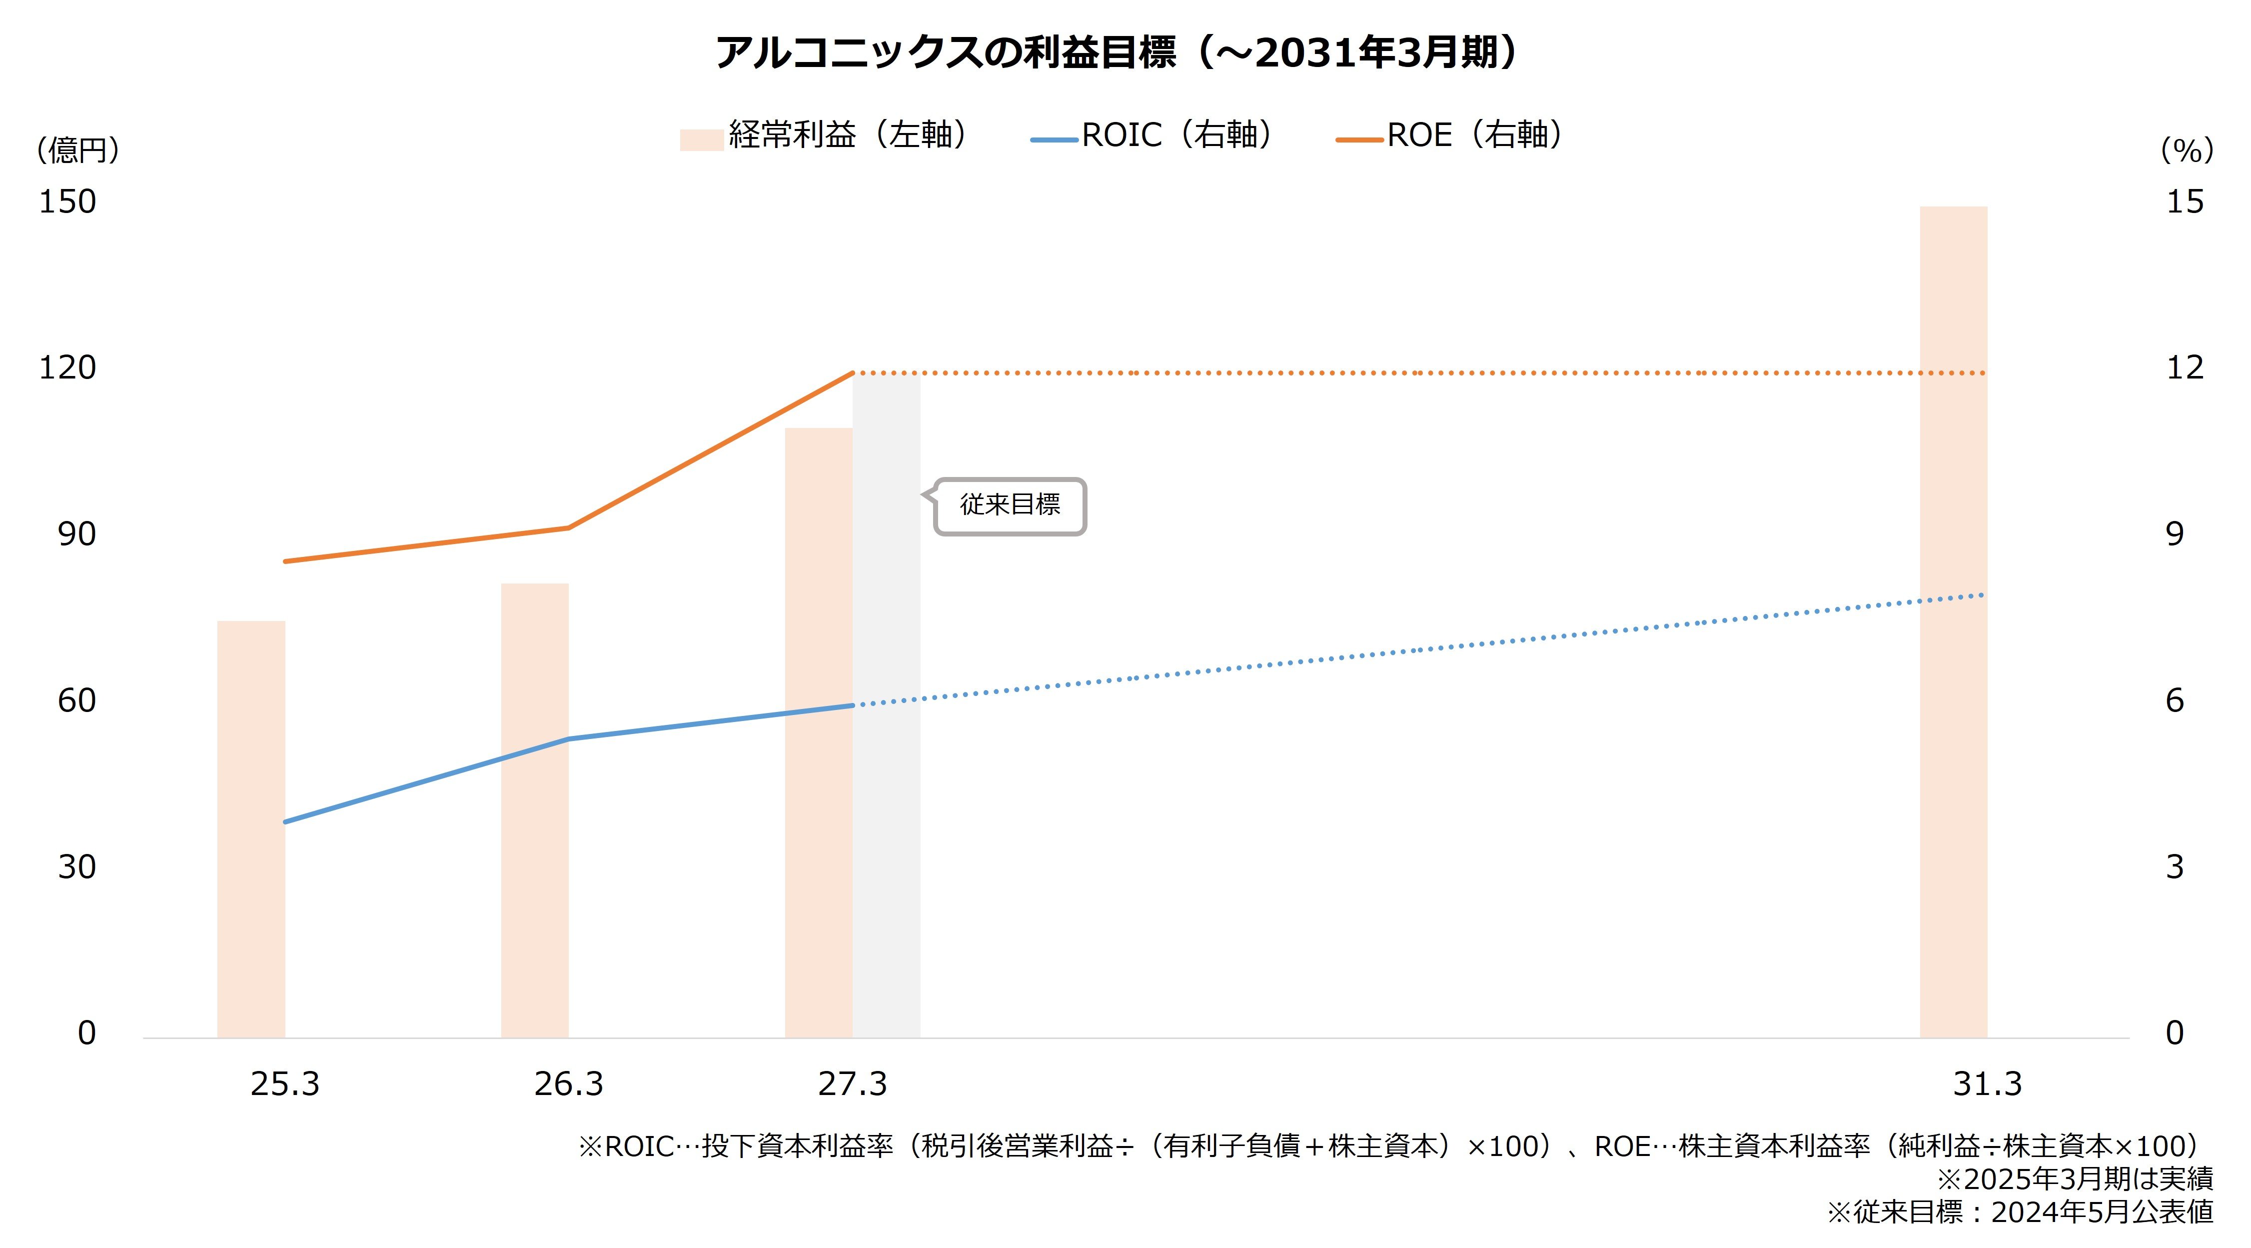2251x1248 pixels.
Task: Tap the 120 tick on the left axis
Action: point(67,368)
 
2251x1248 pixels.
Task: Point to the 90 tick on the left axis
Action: point(77,534)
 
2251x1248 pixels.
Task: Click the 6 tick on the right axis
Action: point(2175,700)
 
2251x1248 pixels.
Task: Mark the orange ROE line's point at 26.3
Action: point(568,528)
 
